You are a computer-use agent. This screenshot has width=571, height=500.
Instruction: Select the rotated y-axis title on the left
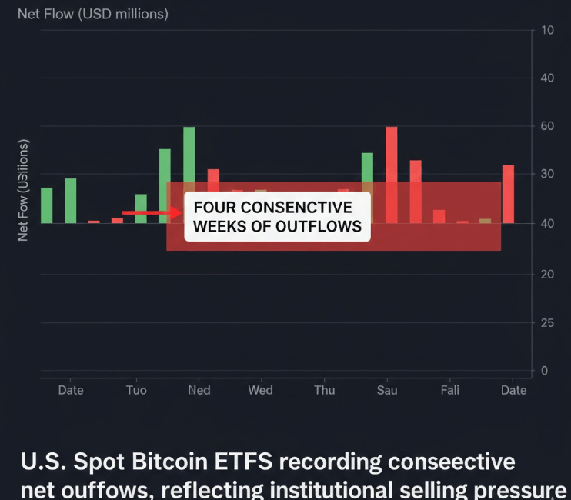coord(23,190)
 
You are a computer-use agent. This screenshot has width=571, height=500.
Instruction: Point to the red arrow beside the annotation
coord(151,212)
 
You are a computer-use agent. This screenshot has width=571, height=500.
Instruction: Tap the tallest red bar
coord(391,175)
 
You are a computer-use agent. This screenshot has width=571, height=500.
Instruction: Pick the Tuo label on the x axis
coord(135,390)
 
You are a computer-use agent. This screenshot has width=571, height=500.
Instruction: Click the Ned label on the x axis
coord(199,390)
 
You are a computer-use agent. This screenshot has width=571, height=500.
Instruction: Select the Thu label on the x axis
coord(324,390)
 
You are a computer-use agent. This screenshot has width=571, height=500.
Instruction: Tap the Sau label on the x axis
coord(387,390)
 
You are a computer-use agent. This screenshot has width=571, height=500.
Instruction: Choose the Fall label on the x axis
coord(450,390)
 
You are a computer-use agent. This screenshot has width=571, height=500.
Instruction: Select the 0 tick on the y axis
coord(545,371)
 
